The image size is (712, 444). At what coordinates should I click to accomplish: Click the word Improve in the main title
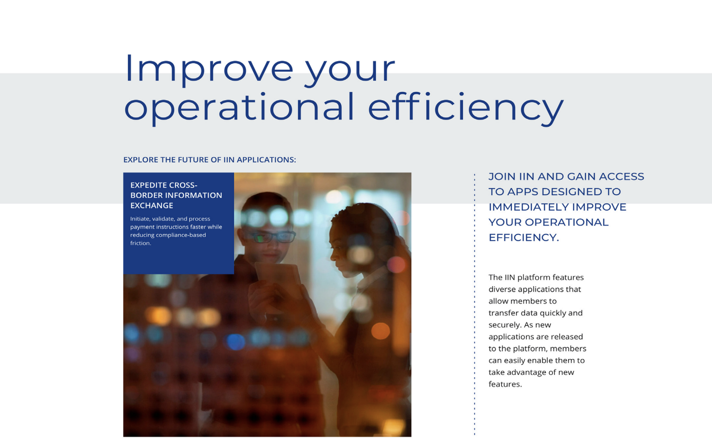pos(209,69)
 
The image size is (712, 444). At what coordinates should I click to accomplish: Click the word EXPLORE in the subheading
pos(141,160)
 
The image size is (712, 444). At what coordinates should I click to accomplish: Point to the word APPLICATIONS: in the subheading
pos(266,160)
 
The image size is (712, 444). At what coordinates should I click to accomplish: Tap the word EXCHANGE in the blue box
pos(151,205)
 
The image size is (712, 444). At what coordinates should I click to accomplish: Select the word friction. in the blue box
pos(141,243)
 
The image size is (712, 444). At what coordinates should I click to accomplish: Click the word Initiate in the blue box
pos(140,218)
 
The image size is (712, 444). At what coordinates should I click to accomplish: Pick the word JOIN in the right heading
pos(502,176)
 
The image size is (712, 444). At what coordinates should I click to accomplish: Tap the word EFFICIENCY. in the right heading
pos(524,237)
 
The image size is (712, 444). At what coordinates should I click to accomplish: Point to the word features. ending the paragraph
pos(505,384)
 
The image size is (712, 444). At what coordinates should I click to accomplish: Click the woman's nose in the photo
pos(333,254)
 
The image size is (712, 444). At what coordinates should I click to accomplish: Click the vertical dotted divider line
pos(475,304)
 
